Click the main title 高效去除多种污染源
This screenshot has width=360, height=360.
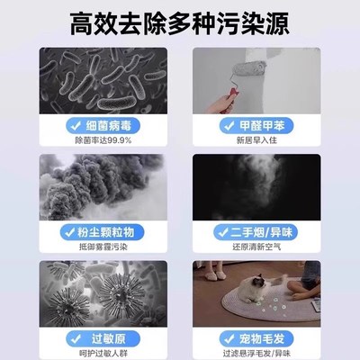[x=180, y=19]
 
